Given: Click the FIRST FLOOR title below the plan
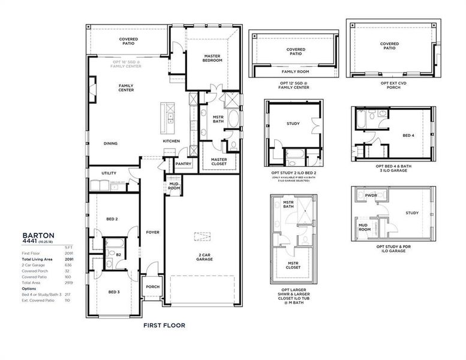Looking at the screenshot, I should (x=164, y=325).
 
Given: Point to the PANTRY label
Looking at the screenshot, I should (x=183, y=163).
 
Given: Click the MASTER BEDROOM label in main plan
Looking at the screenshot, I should (x=212, y=58).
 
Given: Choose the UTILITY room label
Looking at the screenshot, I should (x=109, y=173).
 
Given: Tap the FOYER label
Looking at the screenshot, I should (x=152, y=232).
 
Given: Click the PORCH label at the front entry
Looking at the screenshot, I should (x=152, y=286).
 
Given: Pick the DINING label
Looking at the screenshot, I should (x=110, y=143).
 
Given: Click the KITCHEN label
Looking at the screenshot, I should (x=171, y=141).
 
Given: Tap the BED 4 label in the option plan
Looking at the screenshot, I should (x=408, y=136).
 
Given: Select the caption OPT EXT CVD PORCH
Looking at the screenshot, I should (x=389, y=85).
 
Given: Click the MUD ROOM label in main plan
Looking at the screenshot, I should (x=174, y=187).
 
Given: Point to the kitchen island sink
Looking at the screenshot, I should (x=170, y=117).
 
